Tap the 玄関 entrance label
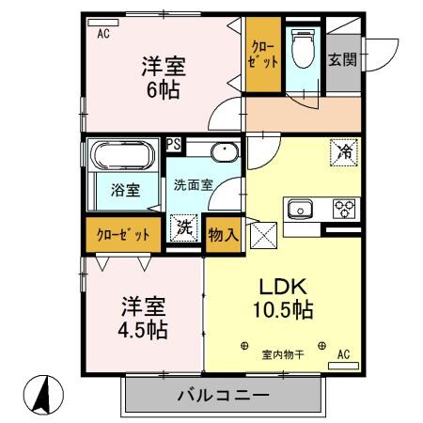click(x=342, y=59)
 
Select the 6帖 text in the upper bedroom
click(x=163, y=91)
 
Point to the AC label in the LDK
click(x=343, y=354)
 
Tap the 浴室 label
click(x=126, y=190)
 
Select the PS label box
click(x=174, y=144)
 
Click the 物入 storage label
click(x=222, y=231)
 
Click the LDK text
click(x=281, y=286)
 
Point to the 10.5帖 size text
click(x=281, y=309)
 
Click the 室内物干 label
click(x=281, y=354)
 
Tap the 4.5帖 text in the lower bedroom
click(x=142, y=330)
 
